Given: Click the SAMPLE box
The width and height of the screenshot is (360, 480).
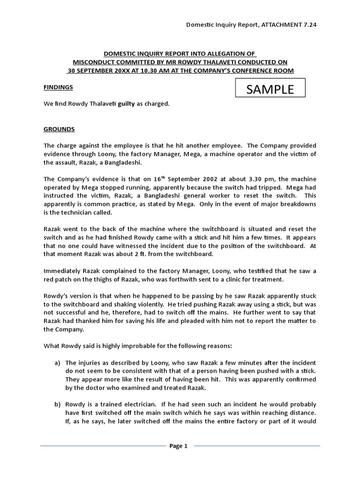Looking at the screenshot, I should click(x=270, y=89).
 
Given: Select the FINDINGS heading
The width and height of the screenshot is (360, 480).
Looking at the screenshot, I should click(x=58, y=87).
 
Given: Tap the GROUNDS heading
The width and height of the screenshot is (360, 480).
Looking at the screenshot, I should click(x=59, y=129).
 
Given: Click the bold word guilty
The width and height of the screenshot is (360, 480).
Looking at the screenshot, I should click(x=126, y=104).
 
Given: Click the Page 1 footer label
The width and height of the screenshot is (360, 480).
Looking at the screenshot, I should click(x=178, y=446).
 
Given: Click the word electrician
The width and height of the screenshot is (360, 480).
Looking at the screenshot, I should click(x=141, y=404).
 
